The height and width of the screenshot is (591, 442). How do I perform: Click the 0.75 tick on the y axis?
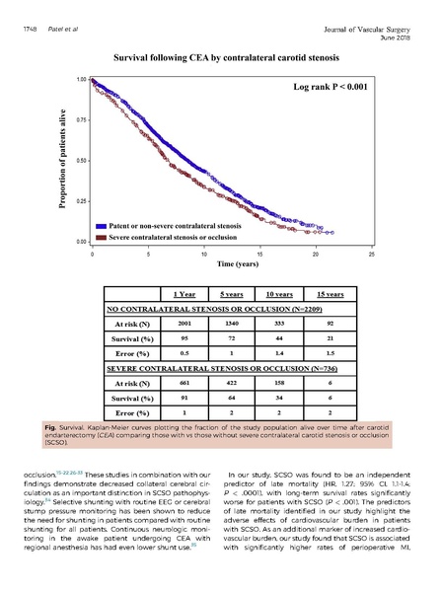point(81,118)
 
